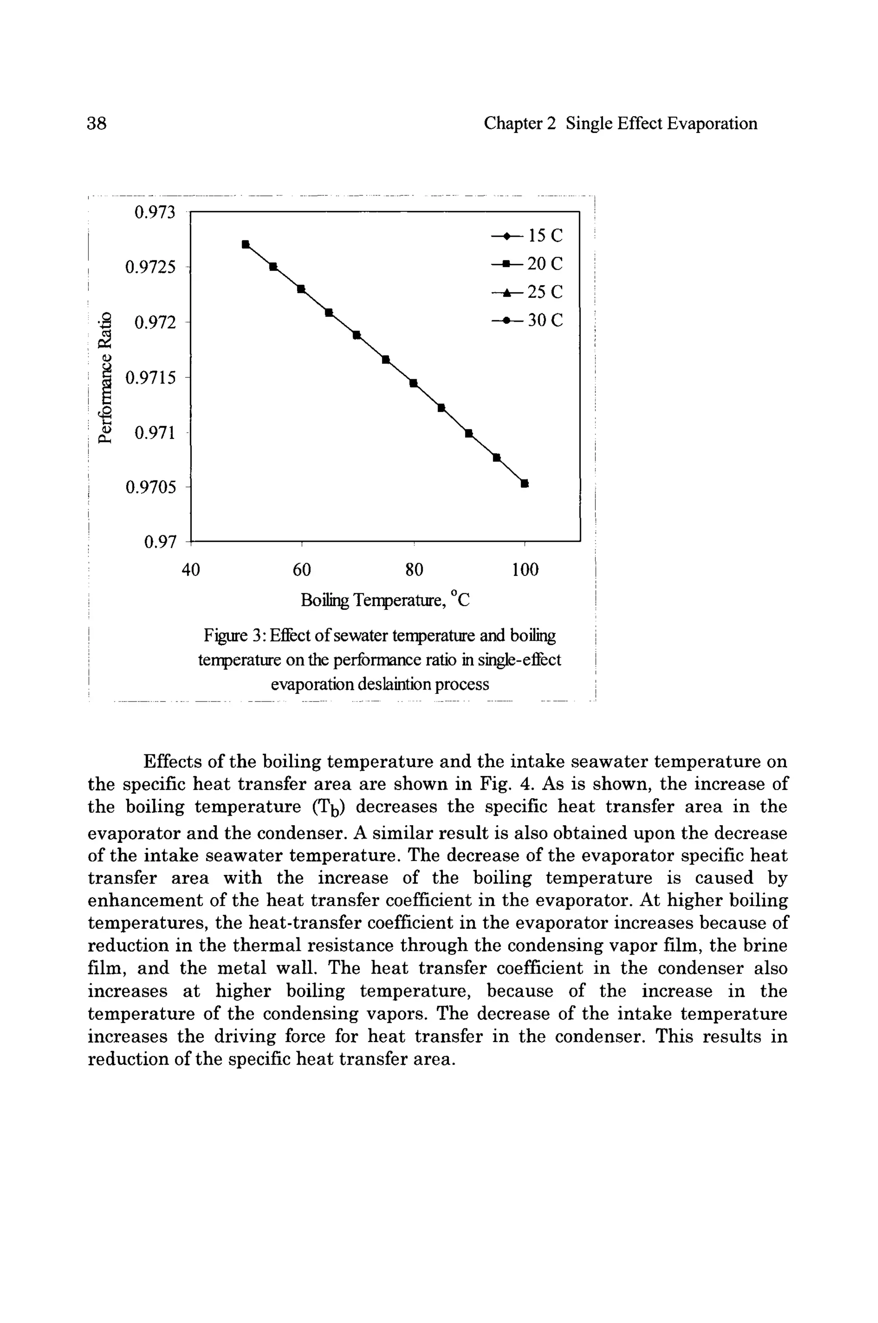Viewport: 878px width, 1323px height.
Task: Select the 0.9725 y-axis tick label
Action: [150, 267]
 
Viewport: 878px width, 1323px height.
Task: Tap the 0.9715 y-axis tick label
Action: [150, 378]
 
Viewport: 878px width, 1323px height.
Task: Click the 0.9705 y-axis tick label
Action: [150, 488]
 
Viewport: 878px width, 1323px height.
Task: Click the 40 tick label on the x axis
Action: [191, 570]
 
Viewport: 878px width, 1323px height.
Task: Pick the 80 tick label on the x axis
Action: [414, 570]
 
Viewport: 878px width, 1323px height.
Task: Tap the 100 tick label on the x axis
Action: [525, 570]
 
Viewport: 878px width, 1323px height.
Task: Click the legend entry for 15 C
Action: [527, 236]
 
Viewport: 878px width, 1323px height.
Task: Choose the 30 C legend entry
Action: [527, 320]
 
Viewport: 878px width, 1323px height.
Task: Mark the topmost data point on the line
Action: [245, 244]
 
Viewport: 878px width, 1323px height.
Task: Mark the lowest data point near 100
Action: [525, 483]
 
